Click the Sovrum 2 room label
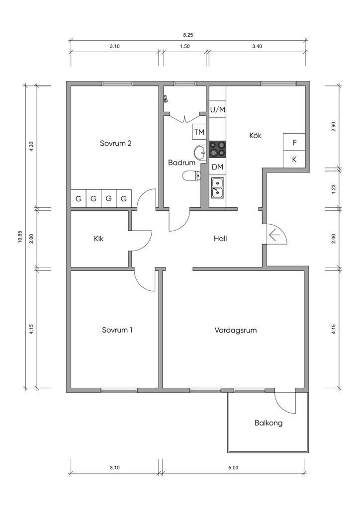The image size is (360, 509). tap(115, 144)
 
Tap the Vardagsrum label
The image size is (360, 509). tap(236, 330)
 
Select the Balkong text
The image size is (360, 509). tap(269, 424)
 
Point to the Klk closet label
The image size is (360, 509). tap(98, 239)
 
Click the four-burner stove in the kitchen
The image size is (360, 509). tap(217, 149)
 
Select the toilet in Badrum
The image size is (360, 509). tap(192, 175)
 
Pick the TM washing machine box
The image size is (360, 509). tap(199, 132)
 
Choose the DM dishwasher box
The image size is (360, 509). tap(217, 167)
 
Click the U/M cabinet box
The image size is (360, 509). tap(217, 109)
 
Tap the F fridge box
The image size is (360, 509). tap(294, 142)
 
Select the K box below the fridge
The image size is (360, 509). tap(294, 160)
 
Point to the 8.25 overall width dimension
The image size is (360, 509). tap(188, 35)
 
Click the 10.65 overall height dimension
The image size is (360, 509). tap(19, 237)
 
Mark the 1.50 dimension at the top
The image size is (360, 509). tap(183, 46)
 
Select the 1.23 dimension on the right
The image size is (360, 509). tap(334, 189)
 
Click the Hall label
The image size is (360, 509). tap(220, 239)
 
